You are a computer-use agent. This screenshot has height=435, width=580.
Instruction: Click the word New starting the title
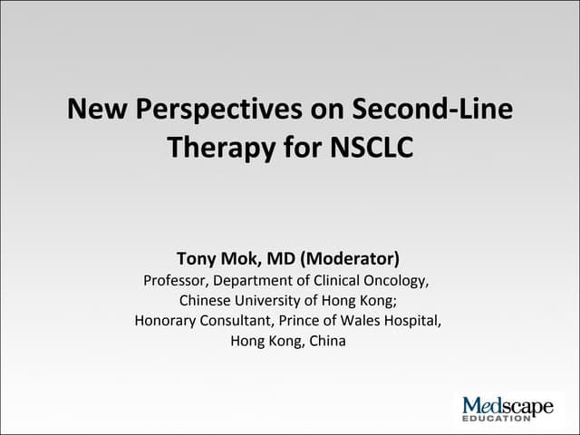(95, 111)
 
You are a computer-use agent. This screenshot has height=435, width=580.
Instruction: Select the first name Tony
(198, 258)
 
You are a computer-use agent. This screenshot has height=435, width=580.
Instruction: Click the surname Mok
(243, 258)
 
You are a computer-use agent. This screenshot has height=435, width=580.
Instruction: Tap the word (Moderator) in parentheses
(349, 258)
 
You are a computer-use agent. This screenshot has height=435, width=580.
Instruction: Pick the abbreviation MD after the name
(285, 258)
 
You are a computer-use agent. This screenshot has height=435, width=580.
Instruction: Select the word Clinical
(332, 280)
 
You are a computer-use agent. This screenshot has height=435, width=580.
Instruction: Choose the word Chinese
(206, 301)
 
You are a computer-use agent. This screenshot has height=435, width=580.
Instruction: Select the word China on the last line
(327, 342)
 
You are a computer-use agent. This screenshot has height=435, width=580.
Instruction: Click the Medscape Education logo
(507, 409)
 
